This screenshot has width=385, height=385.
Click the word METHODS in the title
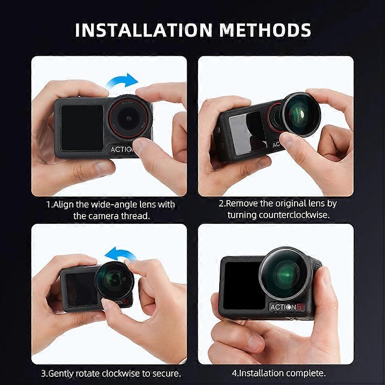(x=265, y=30)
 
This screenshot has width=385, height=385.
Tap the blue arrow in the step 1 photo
(x=122, y=81)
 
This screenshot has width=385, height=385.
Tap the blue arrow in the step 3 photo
(x=120, y=255)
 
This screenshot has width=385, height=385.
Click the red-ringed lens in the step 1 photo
(x=130, y=118)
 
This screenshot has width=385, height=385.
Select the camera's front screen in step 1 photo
(x=82, y=128)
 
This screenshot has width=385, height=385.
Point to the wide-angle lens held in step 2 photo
(x=301, y=115)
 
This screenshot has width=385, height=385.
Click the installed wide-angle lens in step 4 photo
(x=285, y=273)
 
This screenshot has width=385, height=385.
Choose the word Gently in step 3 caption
(x=60, y=374)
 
